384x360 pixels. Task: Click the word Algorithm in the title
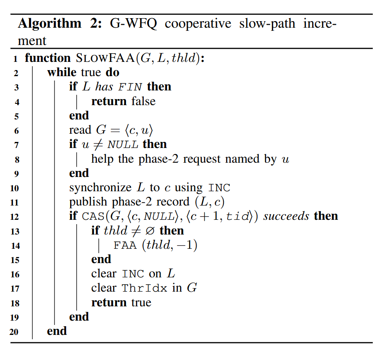point(49,24)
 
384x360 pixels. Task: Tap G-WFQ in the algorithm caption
point(133,24)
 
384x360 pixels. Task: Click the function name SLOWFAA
point(105,58)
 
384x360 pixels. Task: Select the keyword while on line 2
point(62,72)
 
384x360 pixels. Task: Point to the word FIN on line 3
point(130,87)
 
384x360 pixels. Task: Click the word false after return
point(143,101)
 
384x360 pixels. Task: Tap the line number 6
point(16,131)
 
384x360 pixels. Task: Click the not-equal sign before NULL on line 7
point(98,145)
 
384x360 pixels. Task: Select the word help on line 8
point(102,159)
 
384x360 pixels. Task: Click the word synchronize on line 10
point(100,188)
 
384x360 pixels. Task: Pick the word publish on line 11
point(88,202)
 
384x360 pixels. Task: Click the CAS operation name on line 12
point(93,217)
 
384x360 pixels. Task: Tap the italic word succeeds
point(286,216)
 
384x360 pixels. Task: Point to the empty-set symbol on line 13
point(150,231)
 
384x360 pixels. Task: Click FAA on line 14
point(125,245)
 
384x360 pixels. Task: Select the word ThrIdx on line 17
point(145,288)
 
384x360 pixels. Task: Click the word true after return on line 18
point(141,303)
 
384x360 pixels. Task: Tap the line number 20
point(14,332)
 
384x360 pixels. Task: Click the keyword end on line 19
point(79,317)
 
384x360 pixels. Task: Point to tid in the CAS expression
point(238,216)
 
